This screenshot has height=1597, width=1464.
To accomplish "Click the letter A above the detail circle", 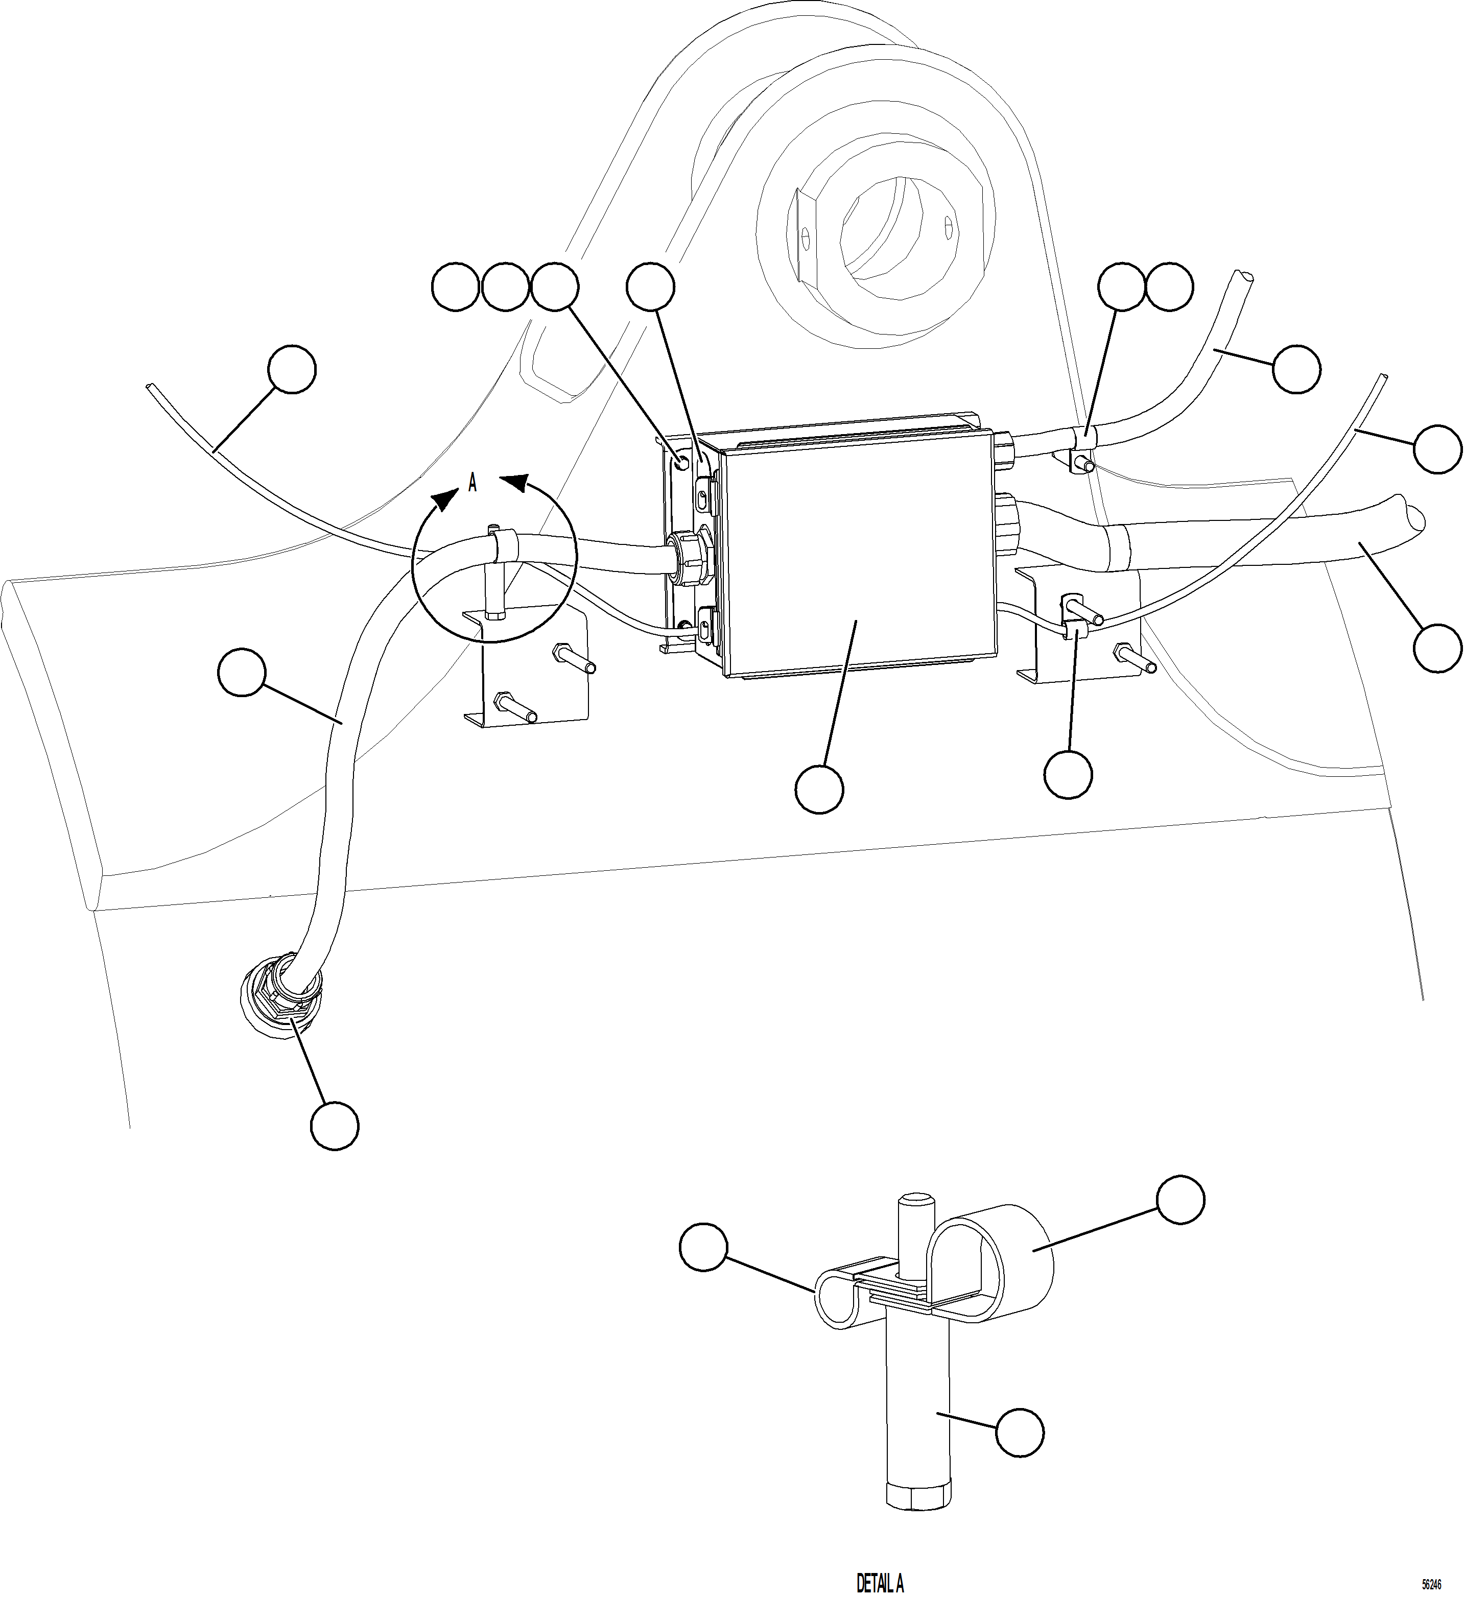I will (472, 483).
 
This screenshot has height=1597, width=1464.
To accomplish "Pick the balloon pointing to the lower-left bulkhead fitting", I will (334, 1125).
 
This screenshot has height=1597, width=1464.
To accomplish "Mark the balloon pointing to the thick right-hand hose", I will (1438, 649).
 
